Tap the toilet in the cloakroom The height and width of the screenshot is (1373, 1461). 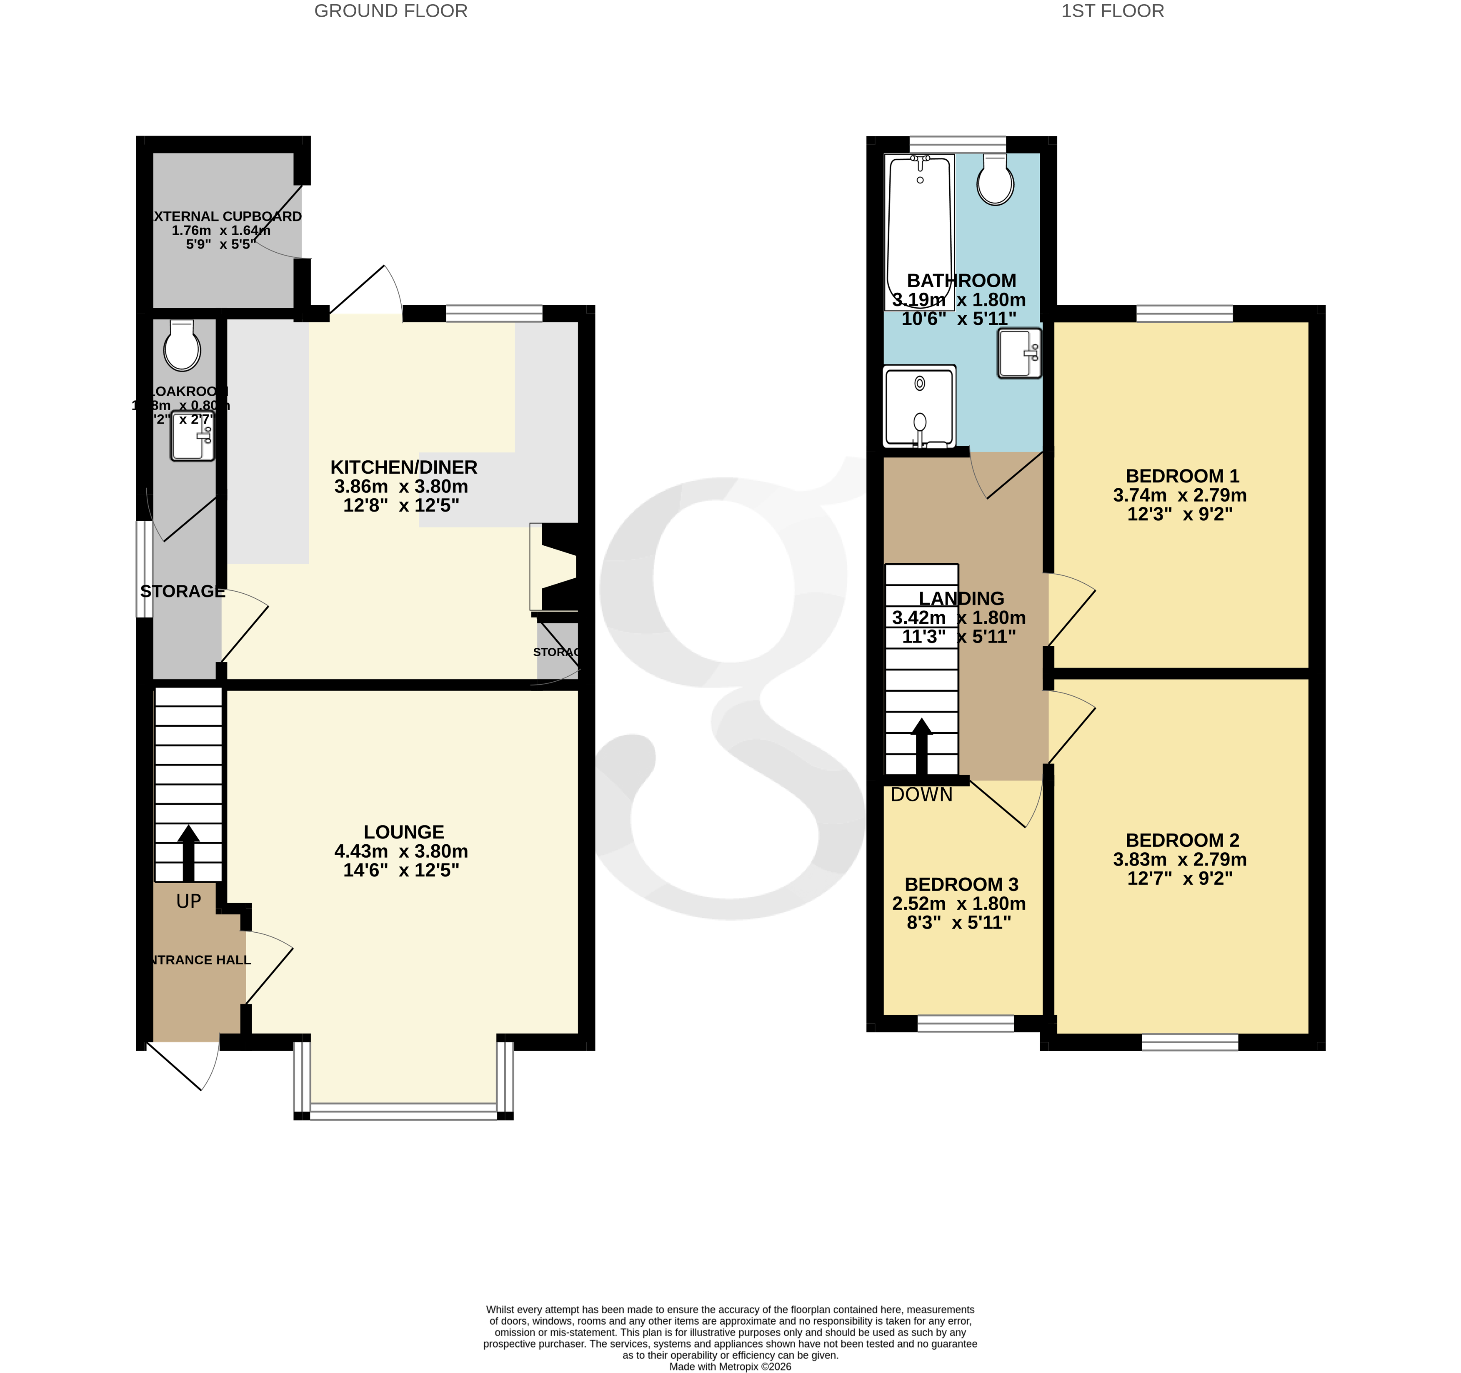click(x=182, y=346)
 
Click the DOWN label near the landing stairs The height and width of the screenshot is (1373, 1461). click(x=922, y=795)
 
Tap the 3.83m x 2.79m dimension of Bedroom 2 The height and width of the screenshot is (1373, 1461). click(x=1180, y=859)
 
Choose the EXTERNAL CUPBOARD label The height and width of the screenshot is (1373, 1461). click(x=226, y=216)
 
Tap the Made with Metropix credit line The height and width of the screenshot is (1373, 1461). click(x=730, y=1366)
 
